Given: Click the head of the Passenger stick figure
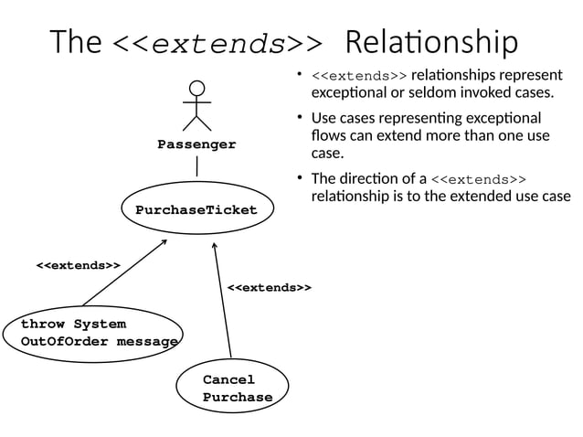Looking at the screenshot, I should (x=196, y=89).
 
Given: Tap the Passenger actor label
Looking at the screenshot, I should (x=196, y=144).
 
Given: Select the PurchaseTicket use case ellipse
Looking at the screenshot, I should (x=196, y=210).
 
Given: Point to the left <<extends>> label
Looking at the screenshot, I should (x=79, y=265).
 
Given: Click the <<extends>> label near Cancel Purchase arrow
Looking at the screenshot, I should (x=270, y=288).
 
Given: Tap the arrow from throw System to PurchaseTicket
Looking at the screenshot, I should (x=125, y=272).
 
